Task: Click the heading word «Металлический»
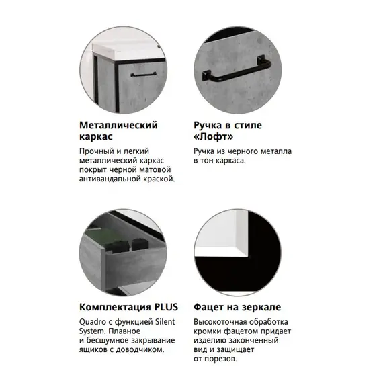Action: (118, 126)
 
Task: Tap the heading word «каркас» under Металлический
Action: (95, 137)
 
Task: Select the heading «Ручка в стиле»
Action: (228, 126)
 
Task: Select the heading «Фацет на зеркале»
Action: (235, 308)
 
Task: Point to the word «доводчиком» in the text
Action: (142, 350)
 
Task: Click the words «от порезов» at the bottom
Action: (215, 359)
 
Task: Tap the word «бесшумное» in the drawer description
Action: (106, 341)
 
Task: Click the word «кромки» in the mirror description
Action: (208, 331)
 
